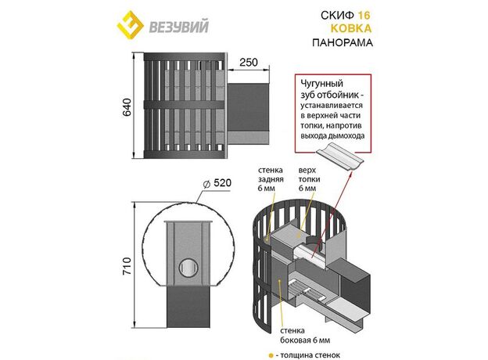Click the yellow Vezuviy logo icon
coord(130,26)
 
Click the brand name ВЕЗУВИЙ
coord(178,27)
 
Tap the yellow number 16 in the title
coord(364,16)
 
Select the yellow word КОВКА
coord(350,29)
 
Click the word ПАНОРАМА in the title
coord(343,42)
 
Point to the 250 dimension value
coord(249,63)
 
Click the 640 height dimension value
coord(127,107)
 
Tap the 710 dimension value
coord(127,265)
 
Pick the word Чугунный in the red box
coord(321,84)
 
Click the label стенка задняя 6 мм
coord(271,179)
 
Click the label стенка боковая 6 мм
coord(305,335)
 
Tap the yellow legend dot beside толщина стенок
coord(271,355)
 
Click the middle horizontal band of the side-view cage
coord(184,104)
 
